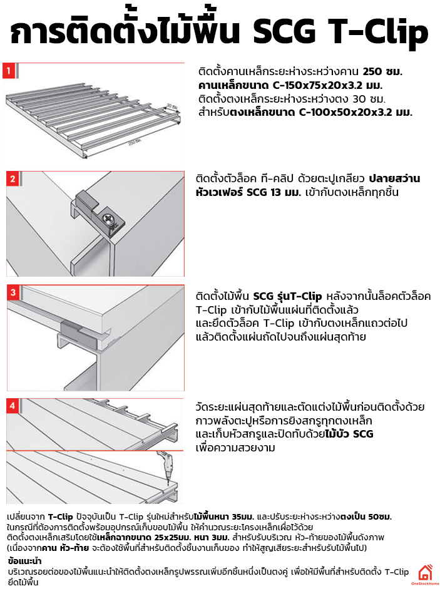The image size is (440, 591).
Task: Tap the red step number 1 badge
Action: click(9, 70)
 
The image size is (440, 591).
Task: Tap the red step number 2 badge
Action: click(12, 179)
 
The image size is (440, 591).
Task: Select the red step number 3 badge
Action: click(12, 293)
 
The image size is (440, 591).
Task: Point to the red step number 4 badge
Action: click(12, 406)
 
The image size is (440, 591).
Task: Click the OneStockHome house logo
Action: click(426, 573)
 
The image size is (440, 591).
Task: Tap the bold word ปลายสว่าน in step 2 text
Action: click(395, 179)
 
